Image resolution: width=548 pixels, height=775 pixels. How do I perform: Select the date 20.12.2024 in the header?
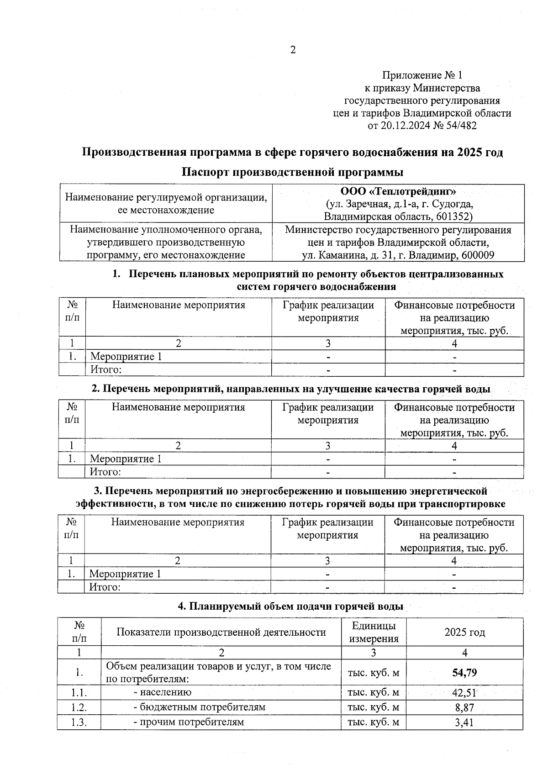(x=405, y=126)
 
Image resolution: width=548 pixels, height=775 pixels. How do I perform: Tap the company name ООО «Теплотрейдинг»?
(x=398, y=191)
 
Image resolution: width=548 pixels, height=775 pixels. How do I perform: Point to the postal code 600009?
(x=478, y=255)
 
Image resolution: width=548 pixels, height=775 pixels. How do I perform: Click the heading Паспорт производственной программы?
(x=292, y=173)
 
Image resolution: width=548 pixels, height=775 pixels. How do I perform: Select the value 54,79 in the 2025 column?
(x=464, y=672)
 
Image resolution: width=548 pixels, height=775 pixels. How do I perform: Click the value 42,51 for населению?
(x=464, y=693)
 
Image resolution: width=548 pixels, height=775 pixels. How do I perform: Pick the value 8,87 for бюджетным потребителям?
(x=464, y=708)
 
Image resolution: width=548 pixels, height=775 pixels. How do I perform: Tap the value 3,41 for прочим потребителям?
(x=464, y=722)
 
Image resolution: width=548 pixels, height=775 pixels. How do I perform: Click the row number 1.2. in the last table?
(x=79, y=708)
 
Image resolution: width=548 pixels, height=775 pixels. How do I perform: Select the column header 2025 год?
(x=464, y=633)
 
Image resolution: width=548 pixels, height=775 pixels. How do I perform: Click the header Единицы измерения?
(x=374, y=633)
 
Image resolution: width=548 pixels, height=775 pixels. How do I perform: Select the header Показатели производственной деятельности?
(x=221, y=633)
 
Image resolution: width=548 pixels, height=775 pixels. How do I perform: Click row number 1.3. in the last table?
(x=79, y=722)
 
